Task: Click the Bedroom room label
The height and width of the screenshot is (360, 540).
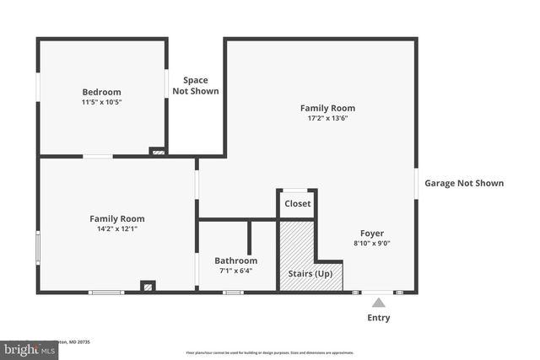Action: [101, 92]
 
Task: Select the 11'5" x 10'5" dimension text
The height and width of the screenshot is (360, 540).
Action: [101, 103]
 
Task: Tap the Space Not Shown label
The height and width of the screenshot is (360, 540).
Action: [196, 85]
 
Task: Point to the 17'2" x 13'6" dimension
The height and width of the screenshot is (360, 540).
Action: [327, 118]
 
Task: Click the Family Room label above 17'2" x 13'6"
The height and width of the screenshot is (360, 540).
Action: [327, 108]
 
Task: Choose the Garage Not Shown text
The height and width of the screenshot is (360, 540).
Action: [464, 183]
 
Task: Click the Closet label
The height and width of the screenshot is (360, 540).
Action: [297, 203]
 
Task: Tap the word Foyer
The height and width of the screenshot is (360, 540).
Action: [371, 233]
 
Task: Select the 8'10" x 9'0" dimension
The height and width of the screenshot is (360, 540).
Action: [371, 244]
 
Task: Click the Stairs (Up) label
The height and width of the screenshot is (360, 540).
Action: [311, 274]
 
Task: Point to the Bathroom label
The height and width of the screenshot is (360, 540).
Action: [235, 261]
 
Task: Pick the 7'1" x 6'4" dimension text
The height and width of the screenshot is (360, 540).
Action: [235, 271]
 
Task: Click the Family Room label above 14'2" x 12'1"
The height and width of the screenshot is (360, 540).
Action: [117, 218]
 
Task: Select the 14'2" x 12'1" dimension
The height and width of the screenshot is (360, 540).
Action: [117, 228]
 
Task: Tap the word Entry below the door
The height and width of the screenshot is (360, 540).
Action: [379, 318]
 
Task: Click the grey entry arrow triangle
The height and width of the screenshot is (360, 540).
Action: [379, 303]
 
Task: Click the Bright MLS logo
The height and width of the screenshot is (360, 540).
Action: [25, 347]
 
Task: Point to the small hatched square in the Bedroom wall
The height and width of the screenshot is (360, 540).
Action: [157, 152]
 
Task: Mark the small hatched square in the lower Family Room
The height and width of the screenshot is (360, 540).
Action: [148, 287]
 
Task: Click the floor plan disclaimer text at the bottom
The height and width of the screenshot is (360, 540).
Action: [270, 352]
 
